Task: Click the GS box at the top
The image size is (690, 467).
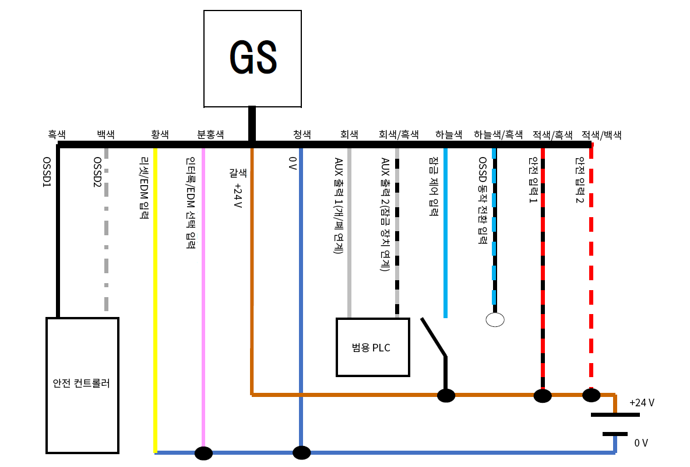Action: (x=252, y=58)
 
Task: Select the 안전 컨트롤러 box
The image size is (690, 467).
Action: (x=82, y=385)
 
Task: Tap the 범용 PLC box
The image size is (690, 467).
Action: (x=372, y=347)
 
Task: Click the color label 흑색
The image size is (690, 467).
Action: (x=57, y=134)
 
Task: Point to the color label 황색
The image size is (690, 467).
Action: (x=160, y=134)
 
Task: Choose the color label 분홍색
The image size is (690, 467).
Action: (x=211, y=134)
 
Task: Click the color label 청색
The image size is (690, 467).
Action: (x=302, y=134)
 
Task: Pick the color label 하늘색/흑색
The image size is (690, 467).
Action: (x=498, y=134)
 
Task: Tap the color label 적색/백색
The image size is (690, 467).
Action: (x=601, y=134)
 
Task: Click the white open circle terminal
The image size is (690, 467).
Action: (x=495, y=319)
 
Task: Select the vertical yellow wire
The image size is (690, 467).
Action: (x=156, y=292)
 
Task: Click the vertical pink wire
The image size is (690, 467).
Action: (x=203, y=292)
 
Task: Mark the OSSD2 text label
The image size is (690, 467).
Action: (x=97, y=172)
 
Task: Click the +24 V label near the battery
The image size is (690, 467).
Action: (x=642, y=403)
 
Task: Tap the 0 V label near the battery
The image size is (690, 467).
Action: (x=641, y=443)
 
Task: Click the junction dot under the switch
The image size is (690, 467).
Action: (x=446, y=395)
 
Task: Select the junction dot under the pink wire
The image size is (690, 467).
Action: (x=203, y=453)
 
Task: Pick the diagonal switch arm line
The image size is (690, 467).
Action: (x=434, y=337)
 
